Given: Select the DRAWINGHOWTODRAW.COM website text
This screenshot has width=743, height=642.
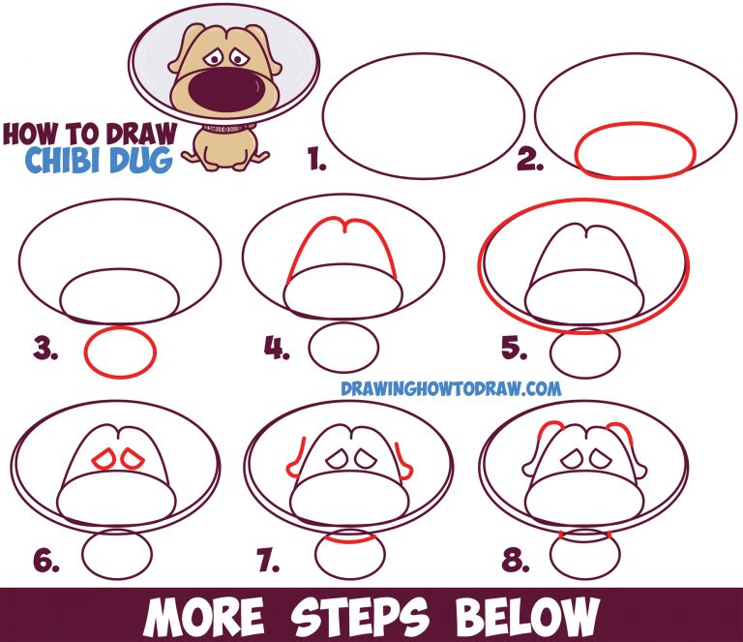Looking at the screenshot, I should [x=451, y=389].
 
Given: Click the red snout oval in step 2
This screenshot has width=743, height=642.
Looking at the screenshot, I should [x=636, y=152].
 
